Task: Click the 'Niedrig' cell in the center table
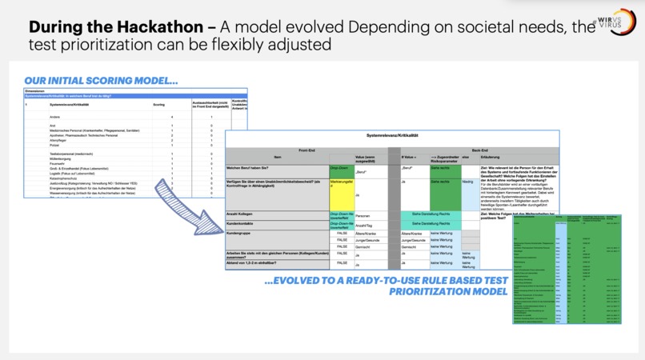468,182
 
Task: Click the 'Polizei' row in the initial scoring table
55,145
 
